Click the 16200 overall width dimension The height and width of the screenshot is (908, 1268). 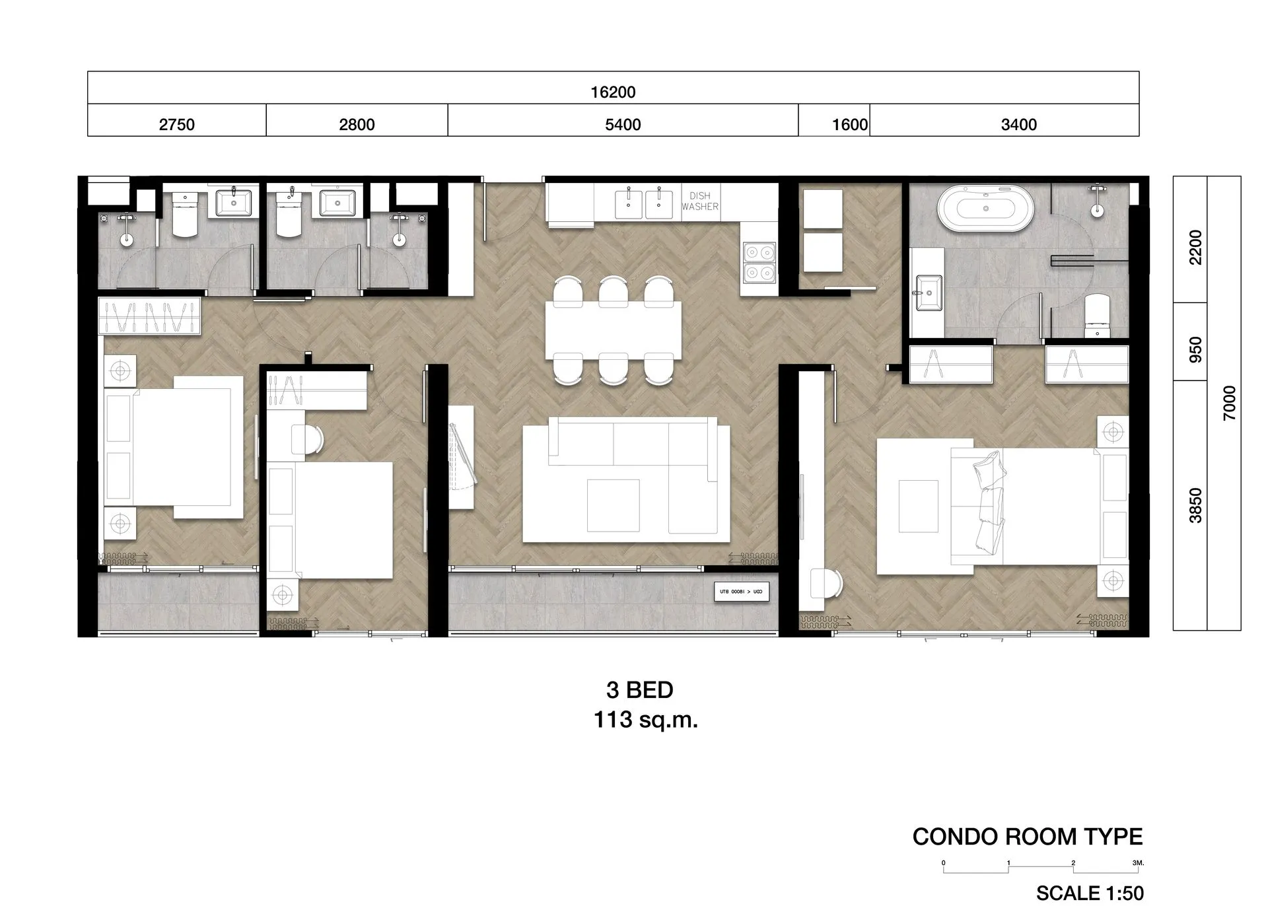[613, 92]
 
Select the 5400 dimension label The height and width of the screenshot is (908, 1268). [623, 124]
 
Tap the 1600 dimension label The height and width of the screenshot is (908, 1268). [849, 124]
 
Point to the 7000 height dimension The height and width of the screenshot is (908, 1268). [1229, 403]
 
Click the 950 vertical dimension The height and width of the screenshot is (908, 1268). [1195, 350]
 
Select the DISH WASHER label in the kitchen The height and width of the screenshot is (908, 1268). [700, 201]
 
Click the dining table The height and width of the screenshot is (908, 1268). [613, 330]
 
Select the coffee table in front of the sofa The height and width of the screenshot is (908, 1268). [613, 505]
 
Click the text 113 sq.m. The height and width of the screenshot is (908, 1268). [645, 720]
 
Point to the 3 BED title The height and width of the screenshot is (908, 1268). [639, 690]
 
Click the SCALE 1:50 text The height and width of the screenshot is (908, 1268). [1089, 893]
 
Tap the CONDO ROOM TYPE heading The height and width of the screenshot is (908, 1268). [1027, 837]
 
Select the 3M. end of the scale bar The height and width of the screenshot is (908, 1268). [1137, 863]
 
